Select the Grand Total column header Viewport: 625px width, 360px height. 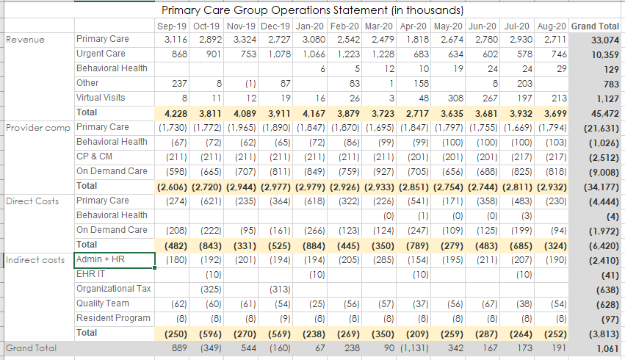594,26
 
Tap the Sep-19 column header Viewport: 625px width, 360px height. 172,26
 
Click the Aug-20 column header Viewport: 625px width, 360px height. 552,26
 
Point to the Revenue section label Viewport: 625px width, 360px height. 25,40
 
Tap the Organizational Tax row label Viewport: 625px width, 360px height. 113,289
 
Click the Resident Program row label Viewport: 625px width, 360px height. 113,318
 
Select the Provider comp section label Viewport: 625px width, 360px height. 37,127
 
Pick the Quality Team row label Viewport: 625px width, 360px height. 103,303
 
